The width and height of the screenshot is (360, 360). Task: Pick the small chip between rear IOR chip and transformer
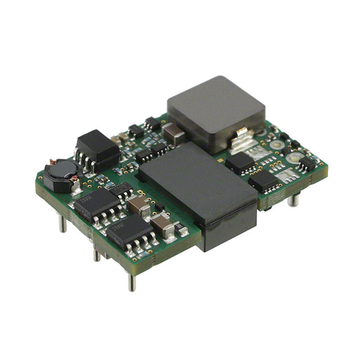122,189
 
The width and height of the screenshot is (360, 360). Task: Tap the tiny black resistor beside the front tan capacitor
181,229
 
